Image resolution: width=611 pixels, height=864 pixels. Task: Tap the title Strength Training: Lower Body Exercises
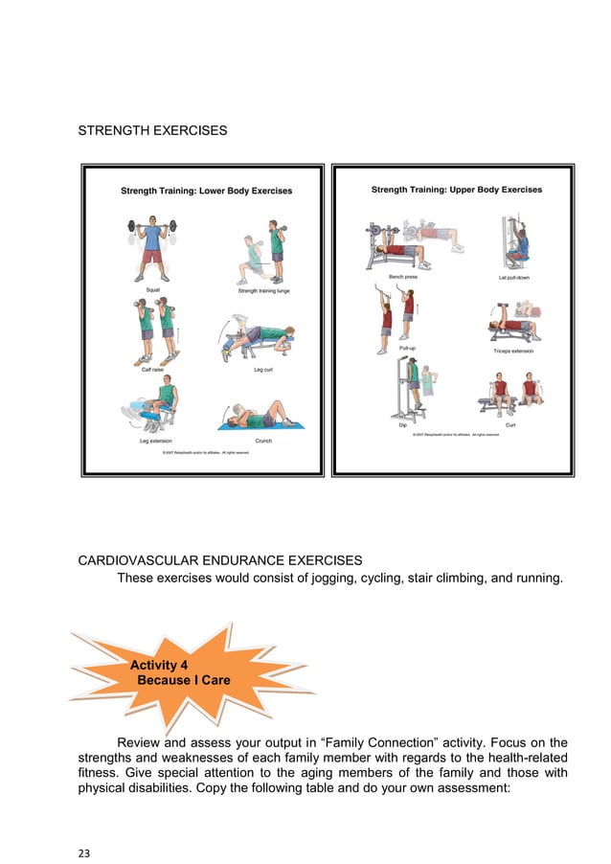(x=206, y=192)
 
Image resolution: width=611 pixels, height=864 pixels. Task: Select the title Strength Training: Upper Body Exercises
(x=456, y=190)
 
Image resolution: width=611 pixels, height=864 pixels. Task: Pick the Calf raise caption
(x=152, y=369)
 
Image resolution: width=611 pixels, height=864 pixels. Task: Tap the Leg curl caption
(x=263, y=369)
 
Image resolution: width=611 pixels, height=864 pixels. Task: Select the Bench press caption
(x=399, y=277)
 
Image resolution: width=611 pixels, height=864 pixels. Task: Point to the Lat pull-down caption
(x=515, y=277)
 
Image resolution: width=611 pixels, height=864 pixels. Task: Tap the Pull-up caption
(x=394, y=347)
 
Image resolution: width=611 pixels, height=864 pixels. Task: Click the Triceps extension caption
(x=514, y=352)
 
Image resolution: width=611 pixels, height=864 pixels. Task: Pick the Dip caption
(x=402, y=425)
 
